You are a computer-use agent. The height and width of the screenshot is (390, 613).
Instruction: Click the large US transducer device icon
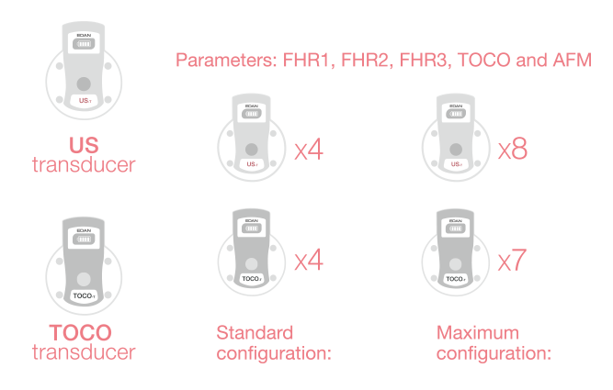(84, 72)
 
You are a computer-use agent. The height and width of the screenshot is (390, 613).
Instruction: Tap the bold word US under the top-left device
(84, 146)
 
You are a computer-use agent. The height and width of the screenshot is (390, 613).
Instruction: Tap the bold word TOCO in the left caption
(81, 332)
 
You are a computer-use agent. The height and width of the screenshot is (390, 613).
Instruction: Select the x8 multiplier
(513, 150)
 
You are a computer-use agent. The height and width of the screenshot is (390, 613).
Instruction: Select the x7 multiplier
(513, 261)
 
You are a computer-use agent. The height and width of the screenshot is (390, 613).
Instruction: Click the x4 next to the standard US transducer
(309, 150)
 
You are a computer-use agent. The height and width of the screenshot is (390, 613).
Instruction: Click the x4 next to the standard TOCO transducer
(309, 261)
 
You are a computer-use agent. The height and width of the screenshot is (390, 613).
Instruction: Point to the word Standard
(255, 332)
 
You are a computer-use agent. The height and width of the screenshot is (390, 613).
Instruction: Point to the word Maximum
(478, 332)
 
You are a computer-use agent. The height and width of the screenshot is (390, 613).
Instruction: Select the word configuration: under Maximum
(494, 351)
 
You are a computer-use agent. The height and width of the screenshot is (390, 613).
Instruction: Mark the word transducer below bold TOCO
(84, 351)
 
